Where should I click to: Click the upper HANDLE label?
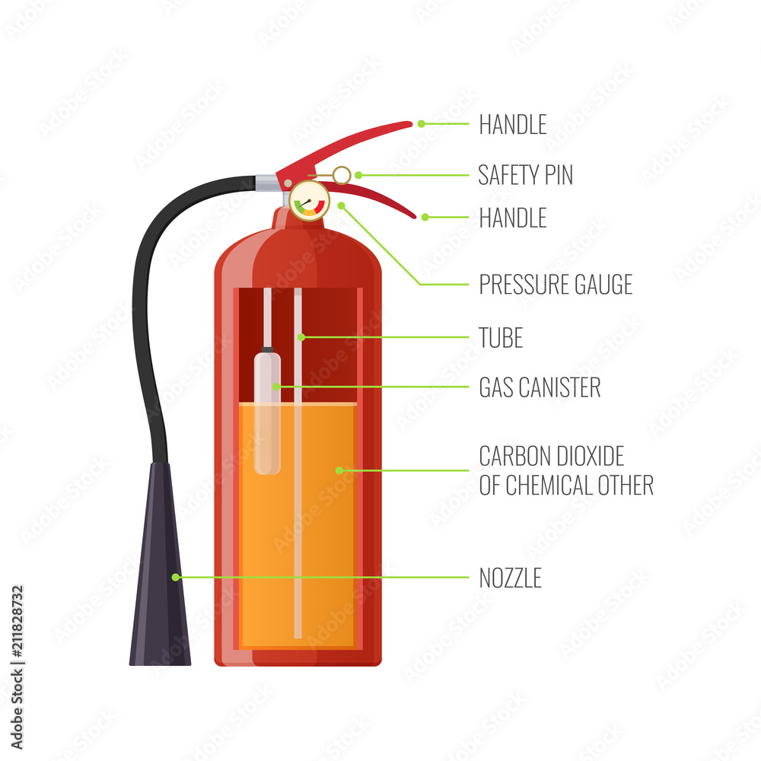(x=512, y=125)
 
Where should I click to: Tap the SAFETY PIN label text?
(x=525, y=175)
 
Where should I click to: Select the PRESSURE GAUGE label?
(x=556, y=285)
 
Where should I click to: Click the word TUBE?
(x=501, y=338)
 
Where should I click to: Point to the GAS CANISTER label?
(x=540, y=387)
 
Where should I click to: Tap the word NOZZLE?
(x=510, y=578)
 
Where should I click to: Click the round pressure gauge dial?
(x=308, y=202)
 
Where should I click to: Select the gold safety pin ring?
(x=342, y=175)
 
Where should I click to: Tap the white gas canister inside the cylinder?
(x=267, y=411)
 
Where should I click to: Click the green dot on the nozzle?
(x=175, y=578)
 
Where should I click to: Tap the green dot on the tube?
(x=301, y=336)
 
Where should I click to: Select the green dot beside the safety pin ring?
(x=358, y=175)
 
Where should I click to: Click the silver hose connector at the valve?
(x=266, y=182)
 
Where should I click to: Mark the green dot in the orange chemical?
(x=339, y=470)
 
